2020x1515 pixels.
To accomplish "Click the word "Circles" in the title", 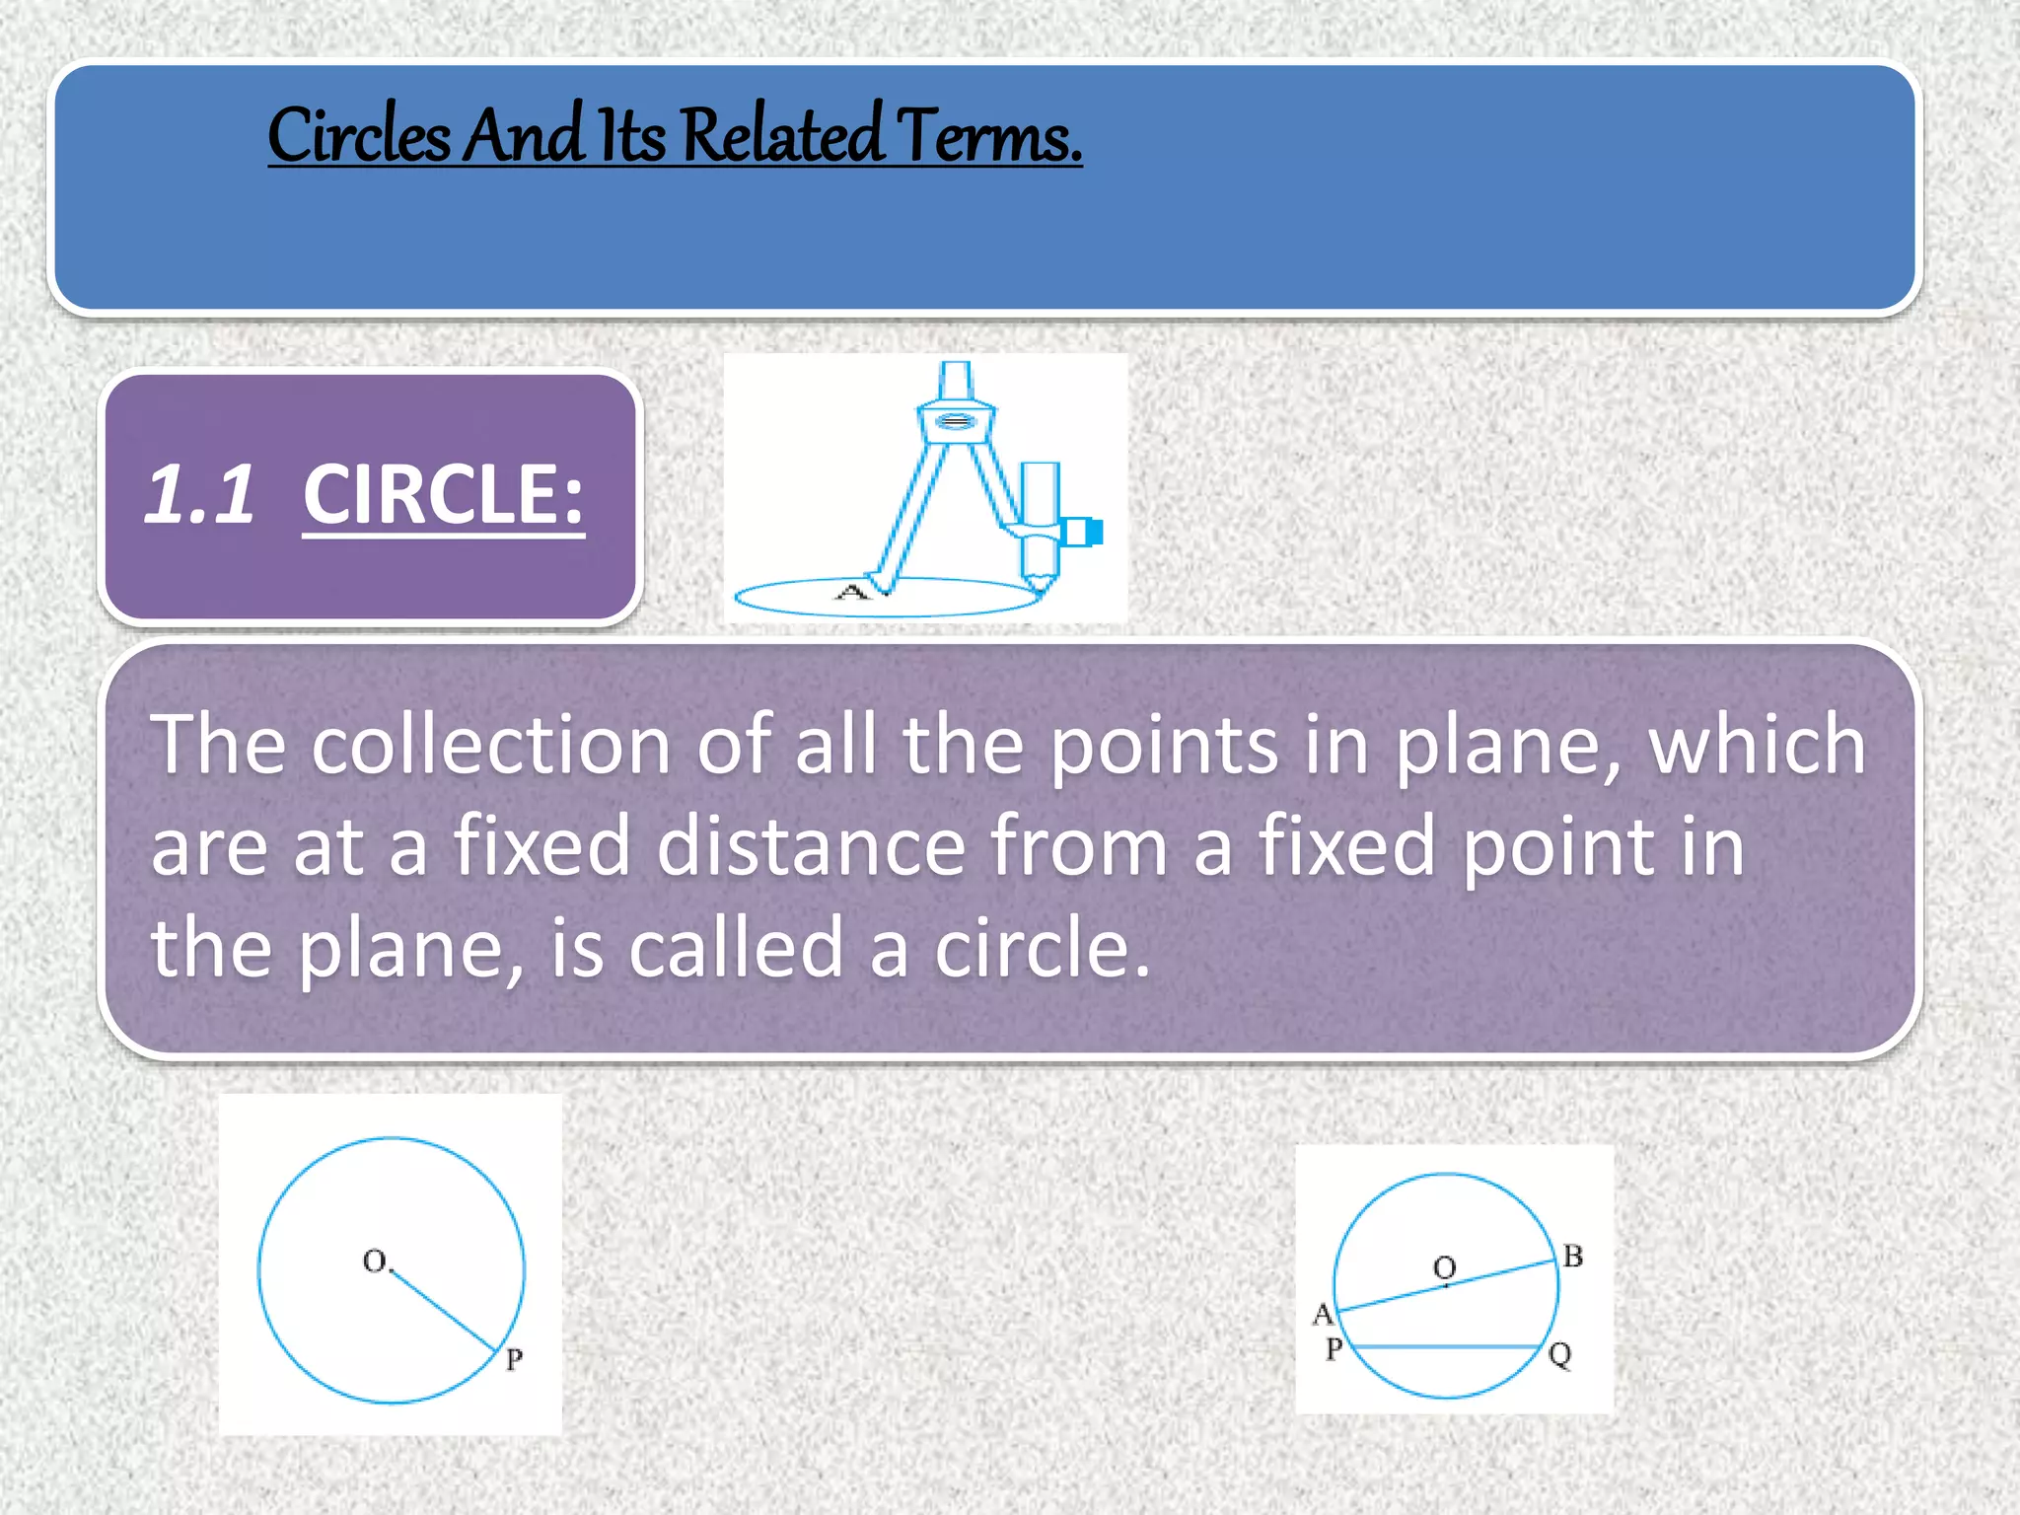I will (x=358, y=135).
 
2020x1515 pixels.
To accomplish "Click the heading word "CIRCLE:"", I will (x=443, y=495).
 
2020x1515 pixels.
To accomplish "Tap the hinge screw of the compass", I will (x=955, y=422).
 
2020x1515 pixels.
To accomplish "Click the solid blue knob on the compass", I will (x=1093, y=532).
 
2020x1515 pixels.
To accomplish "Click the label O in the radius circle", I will (x=375, y=1261).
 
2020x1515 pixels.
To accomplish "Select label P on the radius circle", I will (x=514, y=1360).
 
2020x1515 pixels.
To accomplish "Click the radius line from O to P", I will (x=444, y=1311).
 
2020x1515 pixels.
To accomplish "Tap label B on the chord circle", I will (x=1573, y=1257).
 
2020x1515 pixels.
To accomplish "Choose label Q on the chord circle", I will (x=1559, y=1354).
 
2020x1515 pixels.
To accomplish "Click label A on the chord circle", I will (x=1323, y=1314).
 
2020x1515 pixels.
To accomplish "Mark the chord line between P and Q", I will (x=1446, y=1346).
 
